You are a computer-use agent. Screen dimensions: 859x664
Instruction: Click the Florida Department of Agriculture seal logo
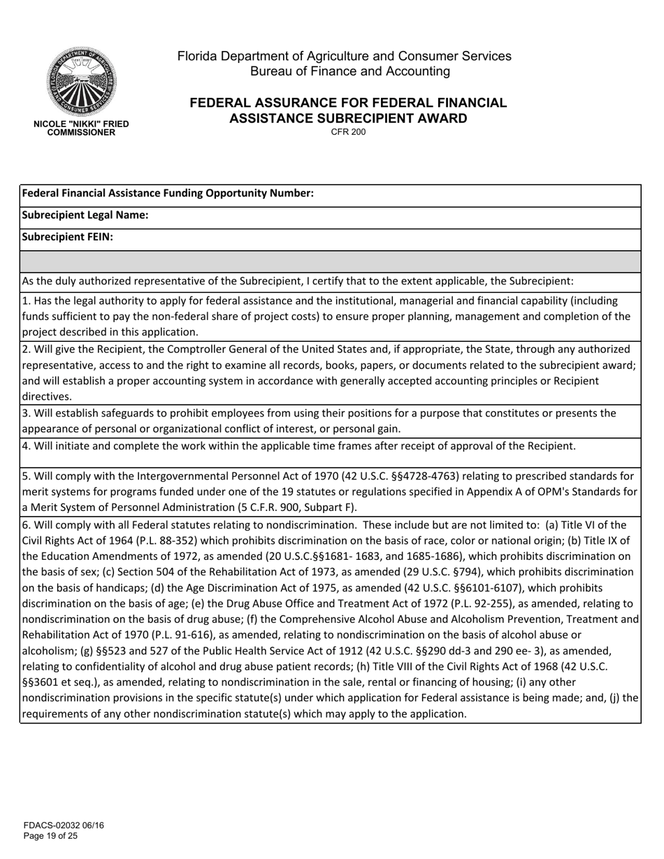coord(82,82)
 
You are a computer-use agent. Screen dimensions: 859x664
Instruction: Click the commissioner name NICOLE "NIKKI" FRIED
coord(81,124)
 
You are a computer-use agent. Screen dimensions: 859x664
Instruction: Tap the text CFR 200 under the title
coord(348,132)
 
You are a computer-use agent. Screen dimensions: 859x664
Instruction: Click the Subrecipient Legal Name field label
coord(85,215)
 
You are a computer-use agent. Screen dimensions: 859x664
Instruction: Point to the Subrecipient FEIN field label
coord(68,237)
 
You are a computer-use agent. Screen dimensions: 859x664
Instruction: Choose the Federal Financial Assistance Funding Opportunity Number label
coord(168,194)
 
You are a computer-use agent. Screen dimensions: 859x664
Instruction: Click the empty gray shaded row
coord(330,261)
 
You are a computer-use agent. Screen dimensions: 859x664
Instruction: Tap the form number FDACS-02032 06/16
coord(64,825)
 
